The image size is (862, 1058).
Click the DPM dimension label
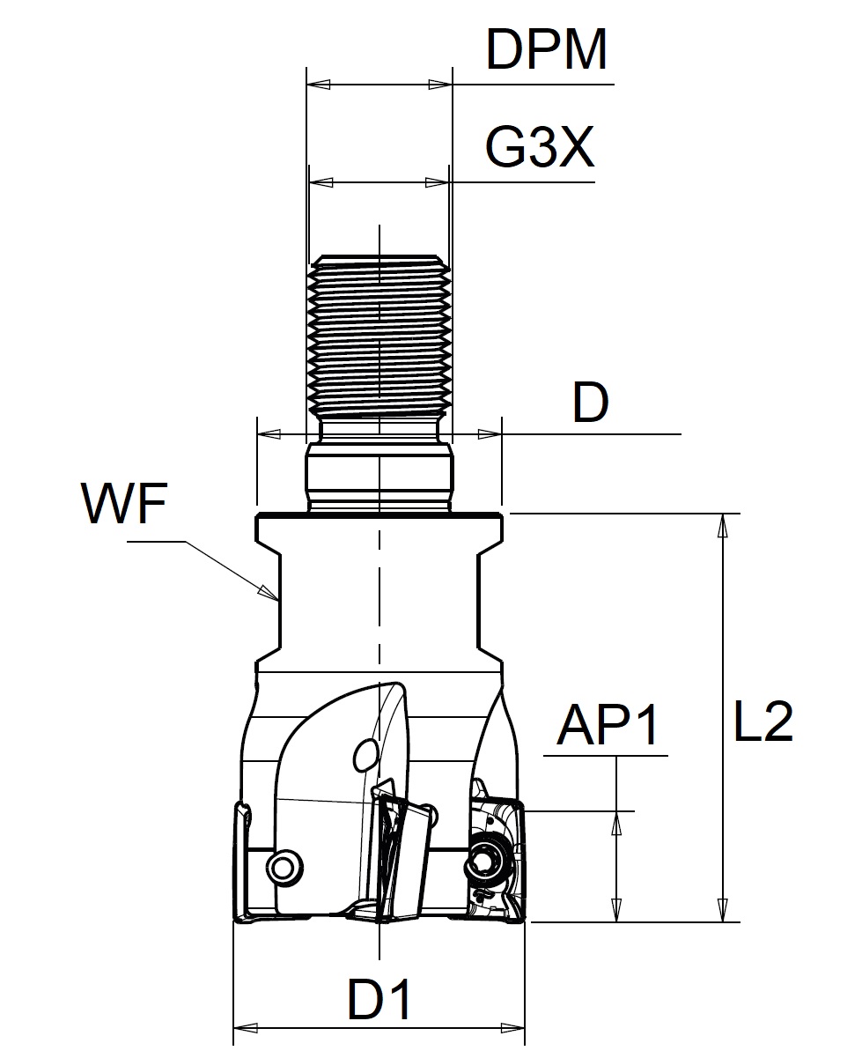point(547,51)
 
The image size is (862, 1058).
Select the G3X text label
point(540,149)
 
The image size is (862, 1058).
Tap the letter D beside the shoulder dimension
point(590,404)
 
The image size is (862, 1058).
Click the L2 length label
point(763,723)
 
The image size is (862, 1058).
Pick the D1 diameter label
point(379,1001)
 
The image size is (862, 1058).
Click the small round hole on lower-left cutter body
point(284,868)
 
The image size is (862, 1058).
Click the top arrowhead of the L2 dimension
point(723,525)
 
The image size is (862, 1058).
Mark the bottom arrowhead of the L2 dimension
point(723,911)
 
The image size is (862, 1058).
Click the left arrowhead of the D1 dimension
point(245,1027)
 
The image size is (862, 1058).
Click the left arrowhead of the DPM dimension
point(317,85)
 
